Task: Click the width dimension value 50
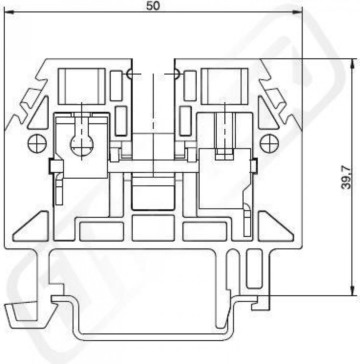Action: (x=153, y=6)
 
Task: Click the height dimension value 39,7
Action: (x=346, y=177)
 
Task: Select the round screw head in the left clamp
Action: (x=82, y=145)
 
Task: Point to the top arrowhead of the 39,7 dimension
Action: (x=352, y=63)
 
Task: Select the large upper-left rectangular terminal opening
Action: (x=82, y=86)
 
